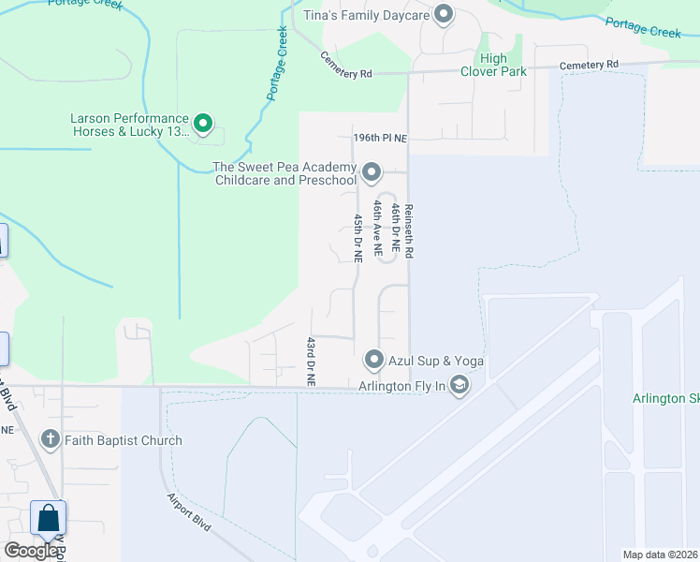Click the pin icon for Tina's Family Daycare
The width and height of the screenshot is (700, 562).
coord(444,15)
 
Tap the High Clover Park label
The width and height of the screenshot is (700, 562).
coord(493,65)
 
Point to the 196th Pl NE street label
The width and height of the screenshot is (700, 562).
coord(380,138)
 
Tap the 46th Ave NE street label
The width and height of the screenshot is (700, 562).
coord(378,228)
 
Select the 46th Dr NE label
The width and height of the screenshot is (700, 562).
coord(396,229)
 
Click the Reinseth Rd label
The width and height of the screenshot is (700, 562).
coord(409,233)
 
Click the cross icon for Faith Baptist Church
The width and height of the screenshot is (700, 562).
coord(50,439)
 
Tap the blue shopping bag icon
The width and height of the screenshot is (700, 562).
coord(48,518)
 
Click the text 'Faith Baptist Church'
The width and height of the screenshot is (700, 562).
coord(124,440)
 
